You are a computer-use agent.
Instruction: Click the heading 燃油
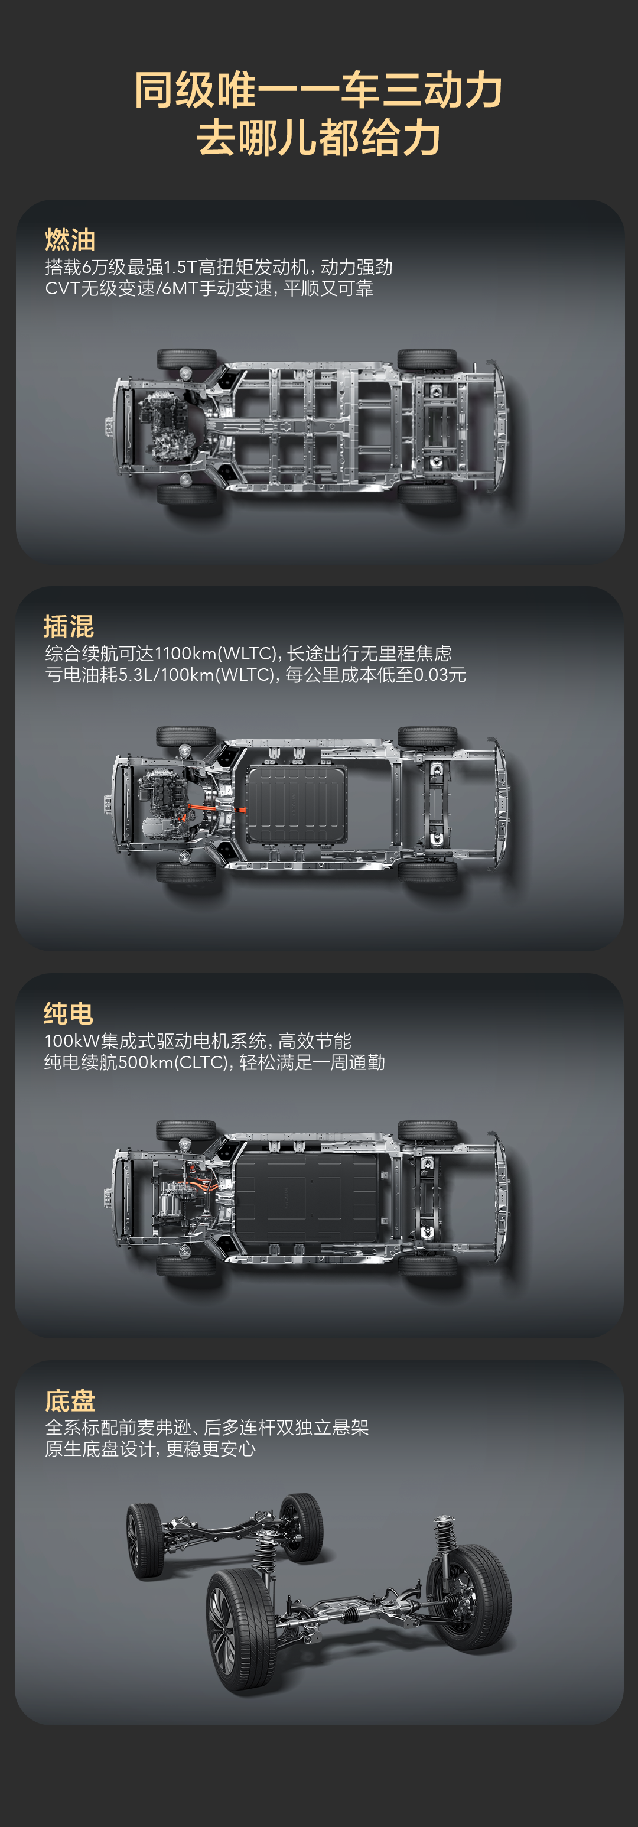70,240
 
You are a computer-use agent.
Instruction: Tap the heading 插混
69,626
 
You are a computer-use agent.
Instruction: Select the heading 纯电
69,1013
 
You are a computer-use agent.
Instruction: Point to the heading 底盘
70,1401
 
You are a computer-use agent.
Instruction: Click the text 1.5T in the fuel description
180,268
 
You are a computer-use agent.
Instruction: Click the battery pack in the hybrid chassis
297,804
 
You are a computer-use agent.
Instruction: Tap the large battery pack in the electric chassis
306,1198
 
